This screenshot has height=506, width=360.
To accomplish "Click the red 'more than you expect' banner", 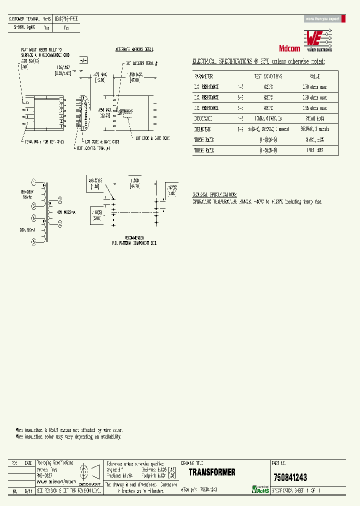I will tap(322, 19).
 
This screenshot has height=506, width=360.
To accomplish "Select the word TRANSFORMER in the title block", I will tap(212, 472).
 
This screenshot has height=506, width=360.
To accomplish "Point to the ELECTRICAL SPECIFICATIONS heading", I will tap(258, 61).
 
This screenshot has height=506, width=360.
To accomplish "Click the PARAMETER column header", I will tap(203, 76).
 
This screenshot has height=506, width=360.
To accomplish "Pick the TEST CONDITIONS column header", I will tap(268, 76).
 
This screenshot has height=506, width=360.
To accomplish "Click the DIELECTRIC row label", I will tap(203, 129).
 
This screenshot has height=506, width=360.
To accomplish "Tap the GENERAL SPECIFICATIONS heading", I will tap(214, 194).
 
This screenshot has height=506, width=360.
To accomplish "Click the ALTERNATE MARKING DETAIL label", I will tap(134, 50).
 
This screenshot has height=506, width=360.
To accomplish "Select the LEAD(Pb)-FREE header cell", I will tap(66, 18).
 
